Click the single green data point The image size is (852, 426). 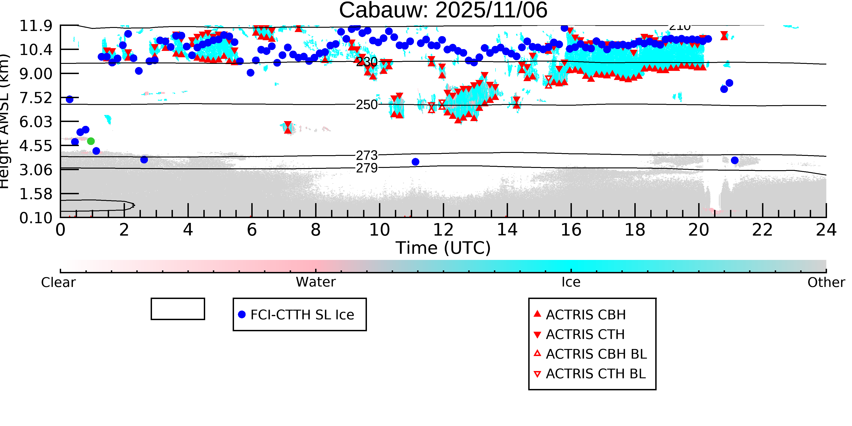91,141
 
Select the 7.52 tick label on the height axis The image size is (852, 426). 36,98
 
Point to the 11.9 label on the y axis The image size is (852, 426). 36,26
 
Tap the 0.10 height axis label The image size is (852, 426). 36,218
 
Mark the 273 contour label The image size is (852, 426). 367,155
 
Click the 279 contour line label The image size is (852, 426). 367,168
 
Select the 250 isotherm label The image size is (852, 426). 367,105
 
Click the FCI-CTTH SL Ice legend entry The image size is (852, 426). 302,314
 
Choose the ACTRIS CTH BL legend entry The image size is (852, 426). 595,374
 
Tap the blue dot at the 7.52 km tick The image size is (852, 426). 70,99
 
